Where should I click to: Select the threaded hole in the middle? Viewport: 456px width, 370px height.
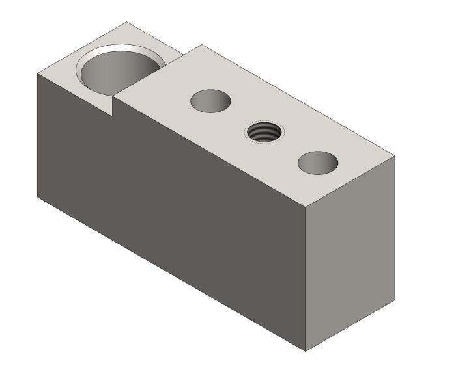click(x=264, y=131)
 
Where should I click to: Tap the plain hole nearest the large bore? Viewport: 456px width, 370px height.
click(x=210, y=100)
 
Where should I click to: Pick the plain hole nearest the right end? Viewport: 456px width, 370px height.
click(x=319, y=162)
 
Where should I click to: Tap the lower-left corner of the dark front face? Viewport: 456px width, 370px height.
click(x=37, y=196)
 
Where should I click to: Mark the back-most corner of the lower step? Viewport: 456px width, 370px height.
click(x=126, y=23)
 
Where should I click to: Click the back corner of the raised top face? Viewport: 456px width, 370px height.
click(x=202, y=45)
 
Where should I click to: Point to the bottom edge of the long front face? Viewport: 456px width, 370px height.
click(x=169, y=272)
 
